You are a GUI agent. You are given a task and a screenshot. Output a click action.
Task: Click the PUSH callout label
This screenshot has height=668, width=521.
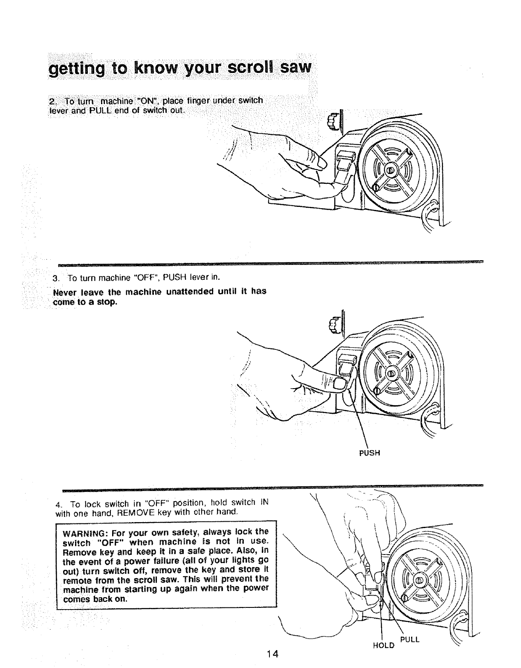(369, 453)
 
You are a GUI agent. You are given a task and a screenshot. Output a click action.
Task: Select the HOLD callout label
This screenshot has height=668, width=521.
(383, 645)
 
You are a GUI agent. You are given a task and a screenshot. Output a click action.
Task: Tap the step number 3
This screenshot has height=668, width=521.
(55, 279)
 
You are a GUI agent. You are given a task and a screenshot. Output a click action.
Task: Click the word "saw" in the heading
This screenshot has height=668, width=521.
(296, 67)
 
